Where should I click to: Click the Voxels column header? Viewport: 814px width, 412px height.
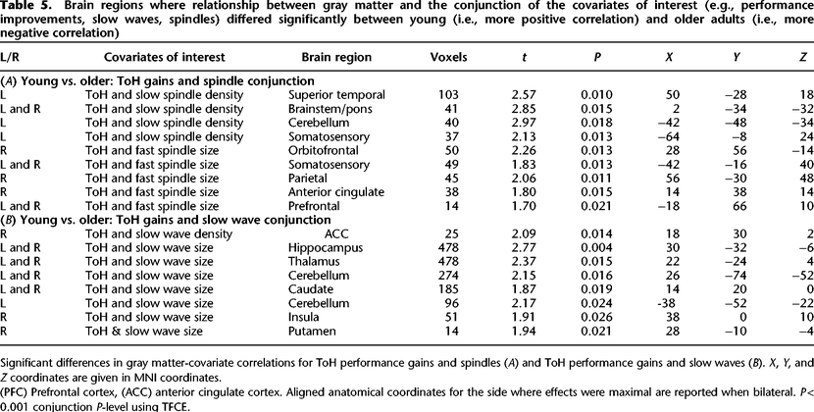pyautogui.click(x=449, y=57)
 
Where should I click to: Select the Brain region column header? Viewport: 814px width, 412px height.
pyautogui.click(x=336, y=58)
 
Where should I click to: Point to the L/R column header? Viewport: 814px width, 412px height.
pyautogui.click(x=12, y=57)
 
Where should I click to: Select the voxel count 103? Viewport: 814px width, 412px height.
pyautogui.click(x=449, y=95)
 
